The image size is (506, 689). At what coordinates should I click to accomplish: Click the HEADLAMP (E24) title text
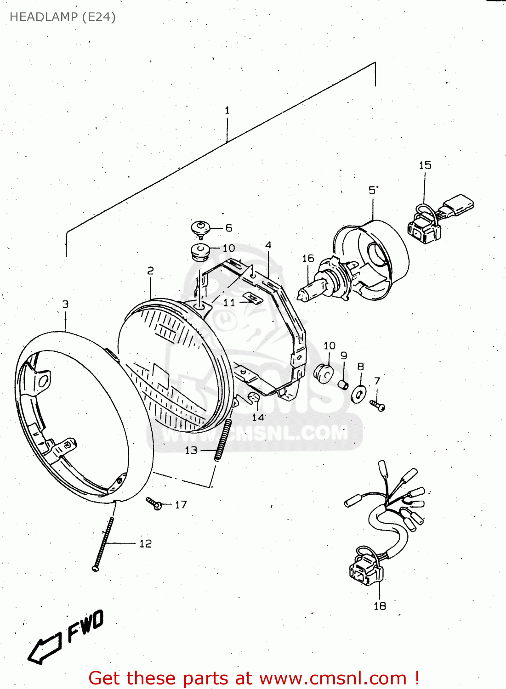click(63, 17)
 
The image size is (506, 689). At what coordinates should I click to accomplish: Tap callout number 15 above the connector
click(425, 165)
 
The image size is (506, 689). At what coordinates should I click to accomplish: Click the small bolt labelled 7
click(377, 405)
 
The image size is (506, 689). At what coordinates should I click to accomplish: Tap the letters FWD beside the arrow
click(85, 626)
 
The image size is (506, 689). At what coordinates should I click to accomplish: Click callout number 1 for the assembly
click(227, 110)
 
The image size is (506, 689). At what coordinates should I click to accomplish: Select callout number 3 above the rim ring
click(65, 304)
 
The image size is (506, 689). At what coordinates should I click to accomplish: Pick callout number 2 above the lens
click(150, 271)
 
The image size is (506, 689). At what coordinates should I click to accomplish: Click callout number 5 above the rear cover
click(372, 191)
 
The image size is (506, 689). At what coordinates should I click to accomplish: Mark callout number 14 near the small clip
click(258, 418)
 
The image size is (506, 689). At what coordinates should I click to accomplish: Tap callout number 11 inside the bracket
click(229, 303)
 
